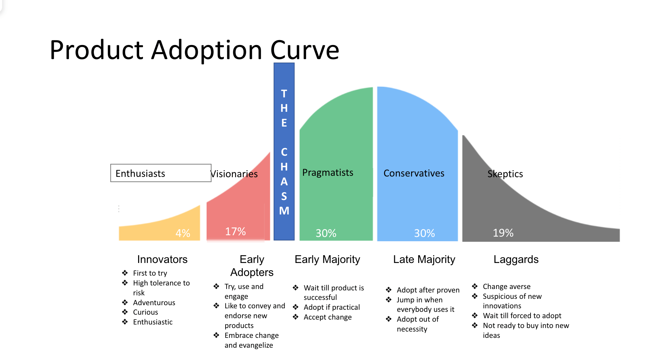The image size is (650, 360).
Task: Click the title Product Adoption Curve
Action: click(194, 50)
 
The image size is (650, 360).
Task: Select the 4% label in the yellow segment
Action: click(183, 233)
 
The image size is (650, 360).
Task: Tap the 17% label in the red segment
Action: click(235, 231)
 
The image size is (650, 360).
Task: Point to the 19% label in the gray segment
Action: click(503, 233)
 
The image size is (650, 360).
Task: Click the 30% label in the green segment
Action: click(326, 233)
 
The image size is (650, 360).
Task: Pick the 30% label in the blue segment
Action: click(424, 233)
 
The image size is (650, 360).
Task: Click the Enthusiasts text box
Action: click(161, 173)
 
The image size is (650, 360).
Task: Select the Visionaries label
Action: click(234, 174)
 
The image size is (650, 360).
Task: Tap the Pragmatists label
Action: click(328, 173)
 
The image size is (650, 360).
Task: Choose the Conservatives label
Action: click(414, 173)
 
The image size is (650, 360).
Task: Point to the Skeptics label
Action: click(505, 174)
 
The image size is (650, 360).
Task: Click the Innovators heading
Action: click(162, 259)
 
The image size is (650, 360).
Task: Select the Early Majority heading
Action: click(327, 259)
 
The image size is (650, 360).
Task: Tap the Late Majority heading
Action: click(424, 259)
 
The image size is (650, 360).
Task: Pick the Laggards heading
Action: click(516, 259)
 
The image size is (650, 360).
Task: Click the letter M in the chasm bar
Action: click(284, 211)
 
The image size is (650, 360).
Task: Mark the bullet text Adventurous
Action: click(154, 303)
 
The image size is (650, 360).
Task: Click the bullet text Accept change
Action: click(327, 317)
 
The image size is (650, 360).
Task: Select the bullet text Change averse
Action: click(507, 287)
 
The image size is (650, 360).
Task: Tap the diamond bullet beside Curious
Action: click(125, 312)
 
